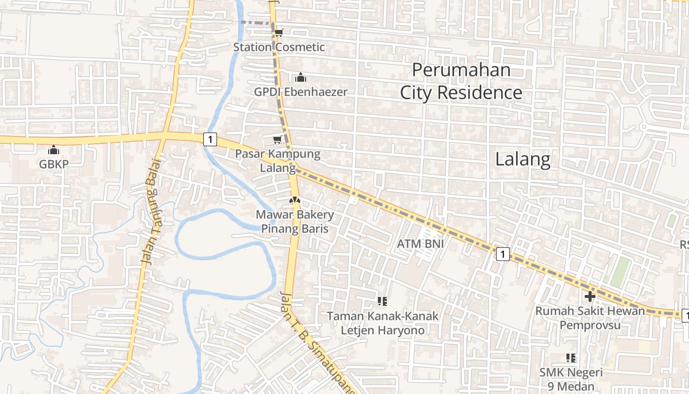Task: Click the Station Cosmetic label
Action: [279, 47]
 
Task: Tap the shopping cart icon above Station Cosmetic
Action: [279, 33]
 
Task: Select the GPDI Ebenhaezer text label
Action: [300, 92]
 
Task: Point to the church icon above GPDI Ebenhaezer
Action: [300, 77]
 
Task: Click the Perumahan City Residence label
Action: [461, 81]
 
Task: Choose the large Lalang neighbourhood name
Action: [522, 159]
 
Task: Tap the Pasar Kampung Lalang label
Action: [278, 161]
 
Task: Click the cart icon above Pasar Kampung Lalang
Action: [277, 140]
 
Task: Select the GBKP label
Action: [54, 164]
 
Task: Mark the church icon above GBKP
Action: [54, 150]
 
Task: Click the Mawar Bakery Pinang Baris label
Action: [294, 222]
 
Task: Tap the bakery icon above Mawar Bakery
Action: [294, 200]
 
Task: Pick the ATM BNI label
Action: [417, 243]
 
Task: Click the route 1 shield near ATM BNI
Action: [502, 254]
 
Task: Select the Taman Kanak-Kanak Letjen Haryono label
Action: [382, 323]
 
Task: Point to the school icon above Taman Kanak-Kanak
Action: [382, 301]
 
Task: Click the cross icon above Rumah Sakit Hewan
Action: [590, 296]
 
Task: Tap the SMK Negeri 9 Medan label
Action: [570, 379]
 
